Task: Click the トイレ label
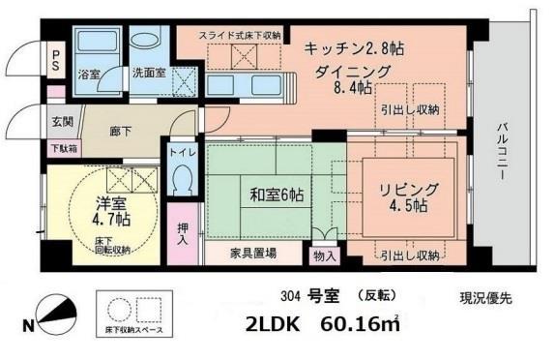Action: [x=182, y=152]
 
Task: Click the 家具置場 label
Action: [x=253, y=254]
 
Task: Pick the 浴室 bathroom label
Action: [x=88, y=74]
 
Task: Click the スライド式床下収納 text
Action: [x=240, y=36]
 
